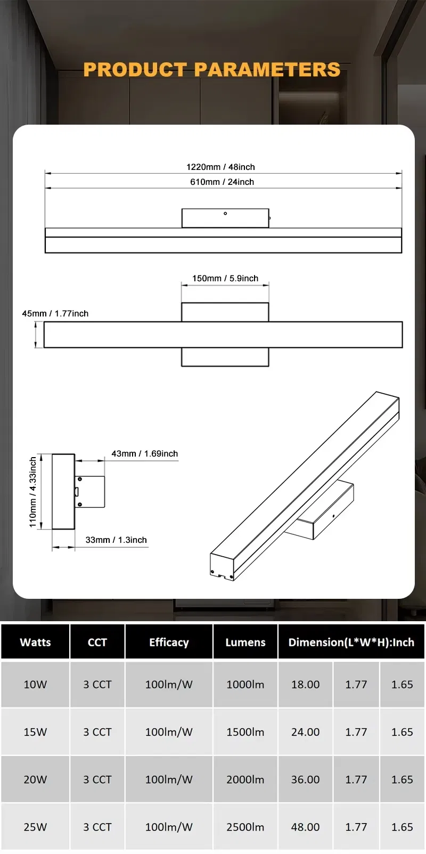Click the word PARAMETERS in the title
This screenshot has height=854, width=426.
pos(267,70)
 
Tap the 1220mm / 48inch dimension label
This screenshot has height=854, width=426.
pos(220,167)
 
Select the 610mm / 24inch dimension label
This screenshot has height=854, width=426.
pos(222,182)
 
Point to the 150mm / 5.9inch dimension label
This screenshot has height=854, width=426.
pos(225,279)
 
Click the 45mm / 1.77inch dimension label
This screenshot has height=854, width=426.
pos(55,314)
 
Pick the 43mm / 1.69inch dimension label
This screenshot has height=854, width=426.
pos(144,454)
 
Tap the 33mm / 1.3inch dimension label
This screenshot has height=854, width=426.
pos(116,540)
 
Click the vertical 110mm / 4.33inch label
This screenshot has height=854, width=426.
pos(33,492)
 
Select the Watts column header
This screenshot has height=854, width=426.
pos(35,642)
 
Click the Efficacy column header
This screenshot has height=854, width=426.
pos(169,642)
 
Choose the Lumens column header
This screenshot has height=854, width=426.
pos(245,642)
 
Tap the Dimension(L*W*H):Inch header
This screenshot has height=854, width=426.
pos(351,642)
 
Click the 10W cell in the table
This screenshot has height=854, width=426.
pos(35,685)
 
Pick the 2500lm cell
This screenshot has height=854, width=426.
pos(245,827)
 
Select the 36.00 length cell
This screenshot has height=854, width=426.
pos(305,780)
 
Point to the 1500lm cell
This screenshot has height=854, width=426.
pos(245,733)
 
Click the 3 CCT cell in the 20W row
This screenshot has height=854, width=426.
pos(97,780)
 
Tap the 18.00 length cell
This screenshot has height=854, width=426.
pos(305,685)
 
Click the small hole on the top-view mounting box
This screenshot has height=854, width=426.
pos(225,214)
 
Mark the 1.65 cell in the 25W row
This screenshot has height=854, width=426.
pos(402,827)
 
